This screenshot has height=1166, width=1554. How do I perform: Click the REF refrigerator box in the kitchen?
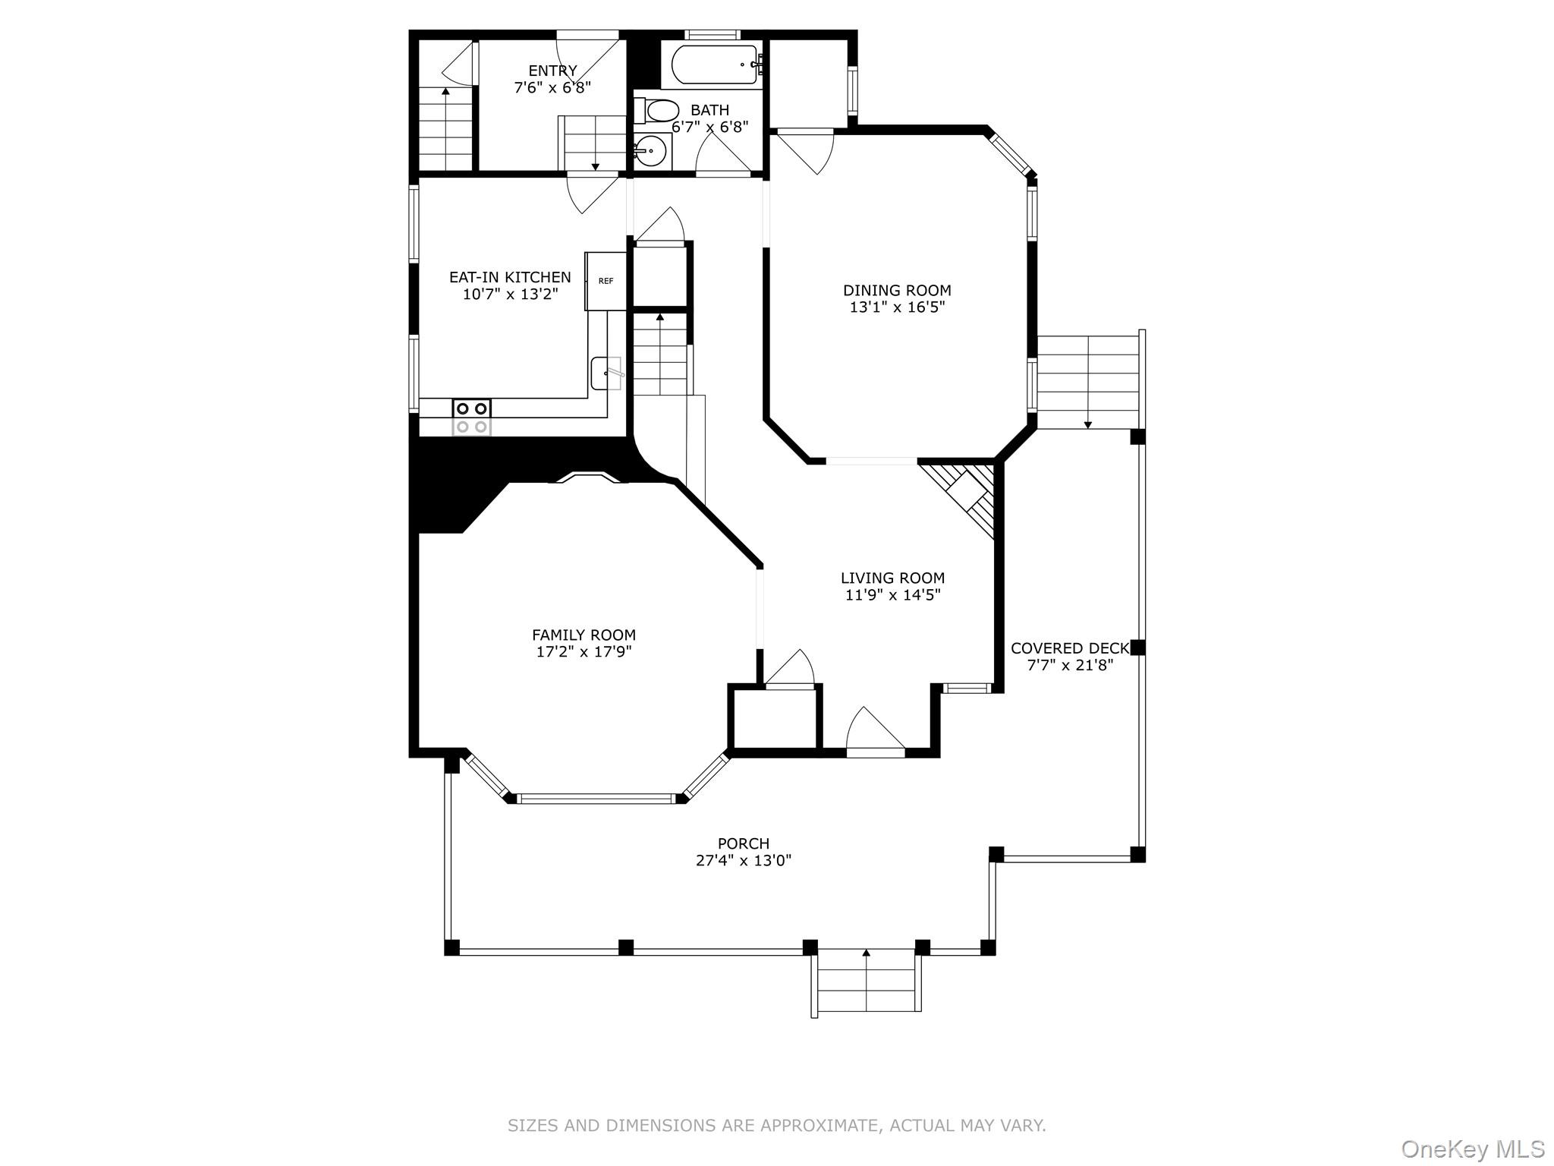click(605, 281)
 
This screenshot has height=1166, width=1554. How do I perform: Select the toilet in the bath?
click(660, 111)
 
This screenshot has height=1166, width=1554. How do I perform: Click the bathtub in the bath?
click(713, 65)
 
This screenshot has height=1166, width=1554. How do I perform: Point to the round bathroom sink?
click(650, 151)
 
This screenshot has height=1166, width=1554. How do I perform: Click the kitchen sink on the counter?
click(606, 373)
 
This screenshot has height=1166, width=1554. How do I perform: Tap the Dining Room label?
click(897, 290)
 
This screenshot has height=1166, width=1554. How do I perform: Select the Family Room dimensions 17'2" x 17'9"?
click(584, 651)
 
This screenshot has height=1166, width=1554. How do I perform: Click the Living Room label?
click(892, 578)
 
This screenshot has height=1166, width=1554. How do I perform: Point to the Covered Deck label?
click(1069, 648)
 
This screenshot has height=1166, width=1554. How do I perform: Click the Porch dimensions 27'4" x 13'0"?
click(743, 860)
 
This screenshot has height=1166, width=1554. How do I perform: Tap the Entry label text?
click(552, 71)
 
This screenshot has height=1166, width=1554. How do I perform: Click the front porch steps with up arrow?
click(866, 980)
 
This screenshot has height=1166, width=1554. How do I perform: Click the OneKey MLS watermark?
click(1472, 1149)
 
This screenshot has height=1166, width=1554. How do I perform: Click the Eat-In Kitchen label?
click(510, 277)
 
